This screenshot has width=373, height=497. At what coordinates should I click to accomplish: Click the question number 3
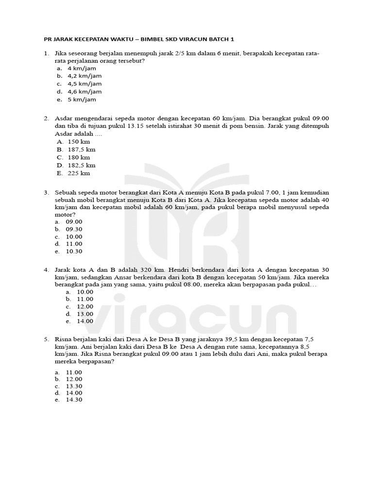(46, 193)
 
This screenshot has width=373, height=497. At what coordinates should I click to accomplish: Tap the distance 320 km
(153, 269)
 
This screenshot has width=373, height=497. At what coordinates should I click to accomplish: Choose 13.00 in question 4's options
(85, 314)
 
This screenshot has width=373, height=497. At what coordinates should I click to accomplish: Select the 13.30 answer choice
(74, 386)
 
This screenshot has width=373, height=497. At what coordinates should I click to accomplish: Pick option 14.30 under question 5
(74, 400)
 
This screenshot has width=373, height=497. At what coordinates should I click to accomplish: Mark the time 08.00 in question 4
(174, 284)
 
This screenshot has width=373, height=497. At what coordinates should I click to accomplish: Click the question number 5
(46, 339)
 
